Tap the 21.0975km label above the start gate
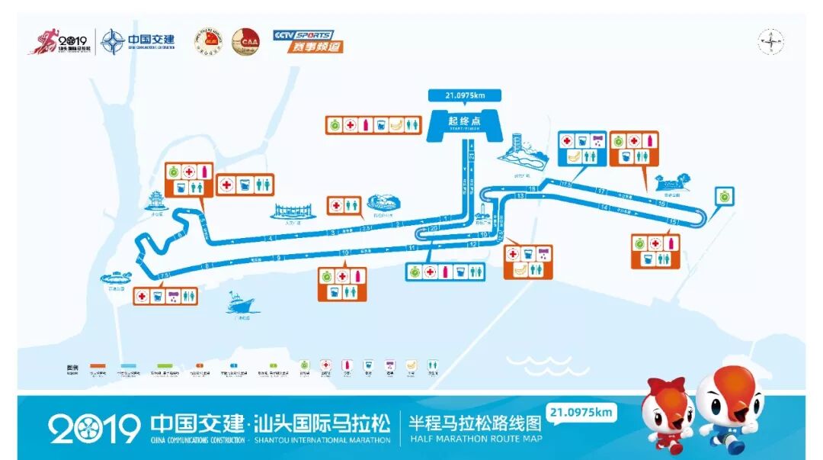tap(464, 95)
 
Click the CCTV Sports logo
tap(308, 40)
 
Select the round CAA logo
tap(245, 41)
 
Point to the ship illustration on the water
tap(239, 304)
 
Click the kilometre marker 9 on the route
tap(280, 258)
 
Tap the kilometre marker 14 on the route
tap(605, 207)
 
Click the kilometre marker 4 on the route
tap(271, 238)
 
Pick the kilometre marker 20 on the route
tap(434, 228)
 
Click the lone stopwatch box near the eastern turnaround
tap(723, 195)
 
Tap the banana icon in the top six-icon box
tap(396, 124)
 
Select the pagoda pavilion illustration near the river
tap(158, 201)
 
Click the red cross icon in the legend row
tap(325, 365)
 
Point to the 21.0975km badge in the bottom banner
tap(581, 413)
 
